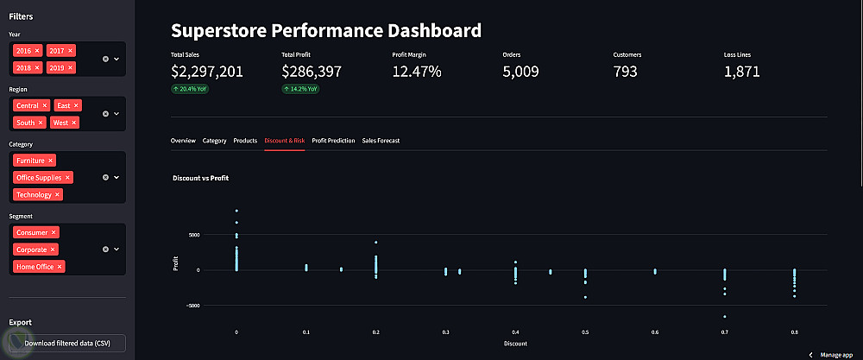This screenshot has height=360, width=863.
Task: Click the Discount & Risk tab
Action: [285, 140]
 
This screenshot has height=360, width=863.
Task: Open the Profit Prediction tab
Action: [333, 140]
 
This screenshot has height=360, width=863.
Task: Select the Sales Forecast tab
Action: [381, 140]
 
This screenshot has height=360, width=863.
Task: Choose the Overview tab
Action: [183, 140]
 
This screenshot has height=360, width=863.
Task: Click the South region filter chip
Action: [26, 123]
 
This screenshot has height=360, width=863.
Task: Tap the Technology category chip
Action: [35, 195]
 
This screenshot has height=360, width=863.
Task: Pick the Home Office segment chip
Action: [35, 267]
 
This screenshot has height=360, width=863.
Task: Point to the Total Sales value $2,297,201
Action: [207, 72]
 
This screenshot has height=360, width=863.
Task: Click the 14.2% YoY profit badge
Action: [300, 88]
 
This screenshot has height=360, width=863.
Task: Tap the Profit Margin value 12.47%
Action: [417, 72]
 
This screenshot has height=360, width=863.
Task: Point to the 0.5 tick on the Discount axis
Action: [585, 332]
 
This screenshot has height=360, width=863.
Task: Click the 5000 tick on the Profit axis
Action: [194, 235]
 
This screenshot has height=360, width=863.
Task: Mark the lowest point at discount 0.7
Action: [725, 316]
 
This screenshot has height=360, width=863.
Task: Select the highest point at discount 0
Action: [236, 211]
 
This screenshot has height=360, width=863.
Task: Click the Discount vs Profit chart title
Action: [200, 178]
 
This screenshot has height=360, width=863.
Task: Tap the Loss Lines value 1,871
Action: [741, 72]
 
